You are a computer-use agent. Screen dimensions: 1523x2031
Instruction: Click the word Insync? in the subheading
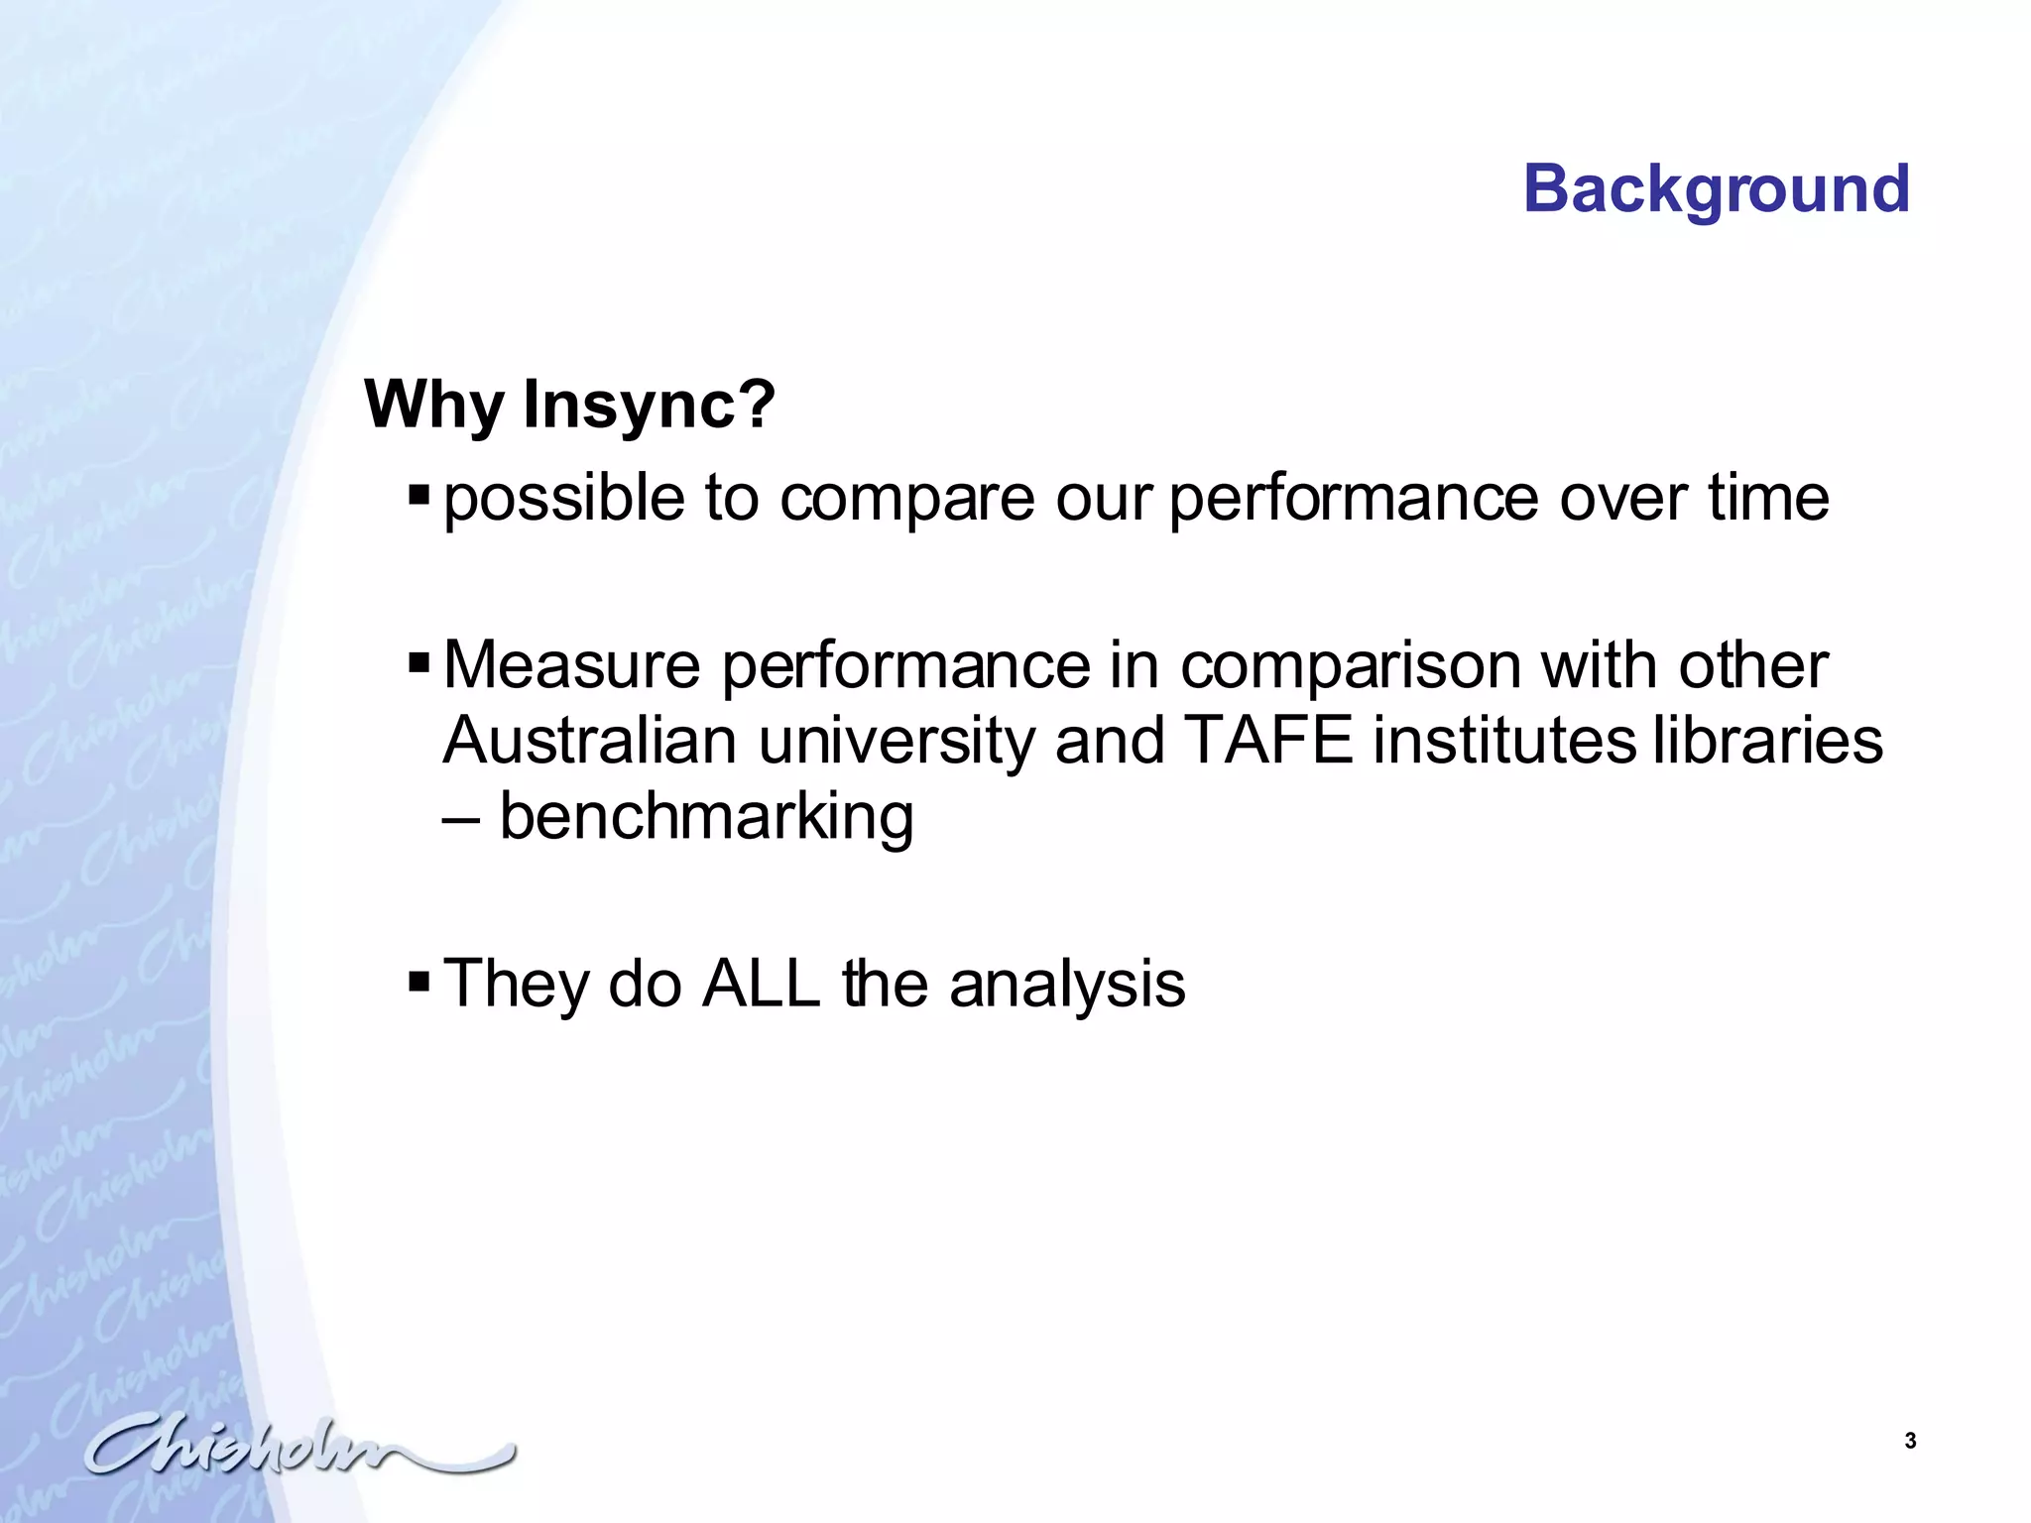click(649, 405)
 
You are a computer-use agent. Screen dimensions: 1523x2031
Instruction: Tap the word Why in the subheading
click(435, 405)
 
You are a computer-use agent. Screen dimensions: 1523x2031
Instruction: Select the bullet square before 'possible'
click(418, 493)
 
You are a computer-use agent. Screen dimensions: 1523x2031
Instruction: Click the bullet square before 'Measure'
click(418, 660)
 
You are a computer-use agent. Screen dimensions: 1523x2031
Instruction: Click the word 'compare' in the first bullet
click(906, 499)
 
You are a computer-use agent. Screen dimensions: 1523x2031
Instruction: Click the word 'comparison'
click(1350, 666)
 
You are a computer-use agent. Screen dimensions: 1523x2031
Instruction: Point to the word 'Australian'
click(589, 741)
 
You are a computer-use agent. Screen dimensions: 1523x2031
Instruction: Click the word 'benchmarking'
click(706, 817)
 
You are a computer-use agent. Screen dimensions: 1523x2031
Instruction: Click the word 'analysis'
click(1067, 986)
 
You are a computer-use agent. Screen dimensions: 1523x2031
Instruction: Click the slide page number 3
click(1910, 1442)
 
